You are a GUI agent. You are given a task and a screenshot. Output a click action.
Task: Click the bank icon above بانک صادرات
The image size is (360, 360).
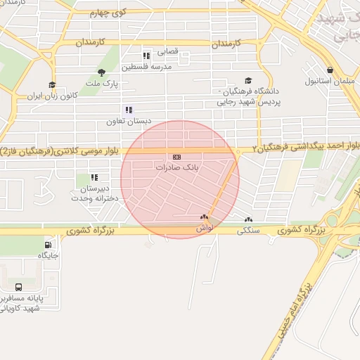click(x=176, y=157)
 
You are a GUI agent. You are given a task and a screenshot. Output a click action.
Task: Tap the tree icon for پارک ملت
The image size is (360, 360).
click(x=103, y=72)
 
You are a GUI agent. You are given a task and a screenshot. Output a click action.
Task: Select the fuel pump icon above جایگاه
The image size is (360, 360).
click(x=47, y=246)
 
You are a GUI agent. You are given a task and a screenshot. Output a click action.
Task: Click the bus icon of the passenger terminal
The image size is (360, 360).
click(x=18, y=287)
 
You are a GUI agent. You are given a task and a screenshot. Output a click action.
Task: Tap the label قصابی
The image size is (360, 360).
click(x=168, y=51)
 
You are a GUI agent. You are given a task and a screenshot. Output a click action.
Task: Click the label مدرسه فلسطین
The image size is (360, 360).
click(x=147, y=67)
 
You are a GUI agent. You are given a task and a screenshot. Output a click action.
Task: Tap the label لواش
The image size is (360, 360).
click(x=205, y=229)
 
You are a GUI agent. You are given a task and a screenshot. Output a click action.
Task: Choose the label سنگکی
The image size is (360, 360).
click(x=249, y=231)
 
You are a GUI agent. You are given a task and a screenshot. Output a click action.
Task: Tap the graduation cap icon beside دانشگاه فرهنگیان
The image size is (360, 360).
click(x=247, y=82)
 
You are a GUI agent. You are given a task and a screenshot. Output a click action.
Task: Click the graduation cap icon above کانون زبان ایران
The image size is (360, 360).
click(x=51, y=85)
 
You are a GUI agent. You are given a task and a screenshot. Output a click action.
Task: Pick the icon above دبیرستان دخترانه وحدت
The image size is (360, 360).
click(x=94, y=178)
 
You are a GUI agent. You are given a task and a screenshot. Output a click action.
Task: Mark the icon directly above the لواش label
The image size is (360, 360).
click(x=204, y=218)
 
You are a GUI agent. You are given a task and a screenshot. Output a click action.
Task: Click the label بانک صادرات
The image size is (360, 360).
click(x=176, y=169)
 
